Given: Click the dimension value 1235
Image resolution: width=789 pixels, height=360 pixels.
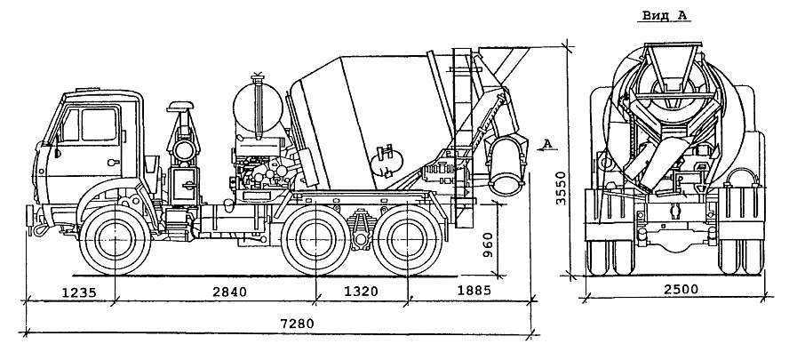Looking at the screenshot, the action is [x=78, y=292].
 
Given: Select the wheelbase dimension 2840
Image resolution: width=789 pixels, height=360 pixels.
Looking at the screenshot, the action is [x=228, y=292].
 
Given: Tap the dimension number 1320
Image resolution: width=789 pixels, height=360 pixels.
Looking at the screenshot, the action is [x=360, y=292].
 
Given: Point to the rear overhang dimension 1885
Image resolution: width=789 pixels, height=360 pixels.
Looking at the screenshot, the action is [x=474, y=291].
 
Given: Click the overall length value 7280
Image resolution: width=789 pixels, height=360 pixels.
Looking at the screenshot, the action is [x=296, y=323].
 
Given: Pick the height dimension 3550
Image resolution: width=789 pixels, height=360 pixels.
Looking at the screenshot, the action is [x=561, y=188].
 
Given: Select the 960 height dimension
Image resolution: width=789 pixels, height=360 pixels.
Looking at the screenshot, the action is [x=488, y=244].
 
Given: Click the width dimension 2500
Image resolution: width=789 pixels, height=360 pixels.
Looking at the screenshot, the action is [x=680, y=290].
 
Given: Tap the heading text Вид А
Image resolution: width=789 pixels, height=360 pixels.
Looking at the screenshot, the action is [x=665, y=15].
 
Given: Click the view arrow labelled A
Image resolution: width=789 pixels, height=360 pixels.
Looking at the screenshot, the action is [x=548, y=145].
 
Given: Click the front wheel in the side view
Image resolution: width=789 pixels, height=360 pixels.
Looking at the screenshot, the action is [x=115, y=240].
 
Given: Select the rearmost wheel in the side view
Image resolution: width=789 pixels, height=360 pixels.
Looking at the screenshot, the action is [x=408, y=240].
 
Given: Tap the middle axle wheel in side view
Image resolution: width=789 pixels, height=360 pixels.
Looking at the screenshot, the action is [x=315, y=240].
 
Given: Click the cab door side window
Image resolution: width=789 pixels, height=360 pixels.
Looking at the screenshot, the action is [x=100, y=124].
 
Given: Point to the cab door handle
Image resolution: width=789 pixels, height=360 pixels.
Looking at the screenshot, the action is [x=114, y=162].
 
